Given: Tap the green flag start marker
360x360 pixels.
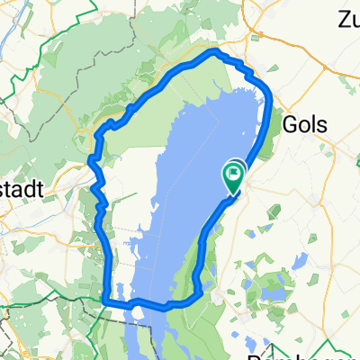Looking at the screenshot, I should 234,176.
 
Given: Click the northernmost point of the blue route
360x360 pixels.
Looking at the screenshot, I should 214,52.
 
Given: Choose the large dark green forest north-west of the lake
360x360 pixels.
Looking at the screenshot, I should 72,81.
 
